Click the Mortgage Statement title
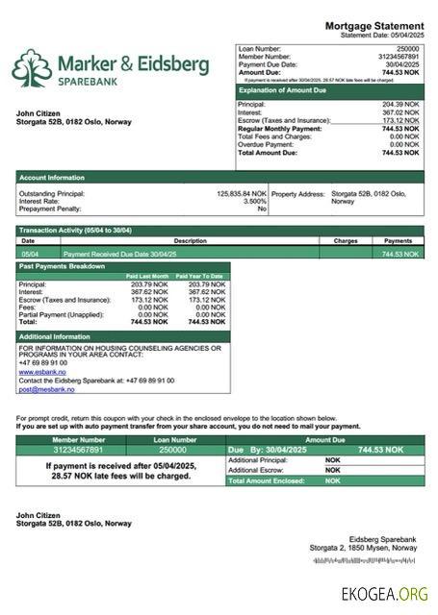374,25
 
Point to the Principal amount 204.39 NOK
401,104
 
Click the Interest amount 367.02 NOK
401,112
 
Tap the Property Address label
298,193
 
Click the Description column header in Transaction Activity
190,240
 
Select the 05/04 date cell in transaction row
30,254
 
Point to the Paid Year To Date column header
202,276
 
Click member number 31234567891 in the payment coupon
69,450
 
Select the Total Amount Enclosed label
266,480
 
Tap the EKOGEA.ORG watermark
385,595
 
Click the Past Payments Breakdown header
64,265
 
